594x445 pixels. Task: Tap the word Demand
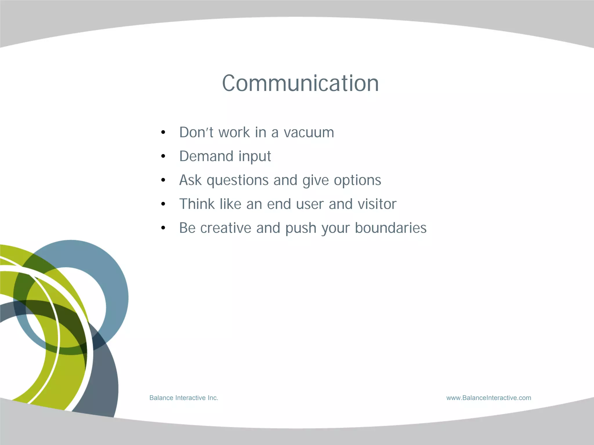[206, 156]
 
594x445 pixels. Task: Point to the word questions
[238, 180]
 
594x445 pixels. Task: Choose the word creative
[226, 228]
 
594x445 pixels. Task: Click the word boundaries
[391, 228]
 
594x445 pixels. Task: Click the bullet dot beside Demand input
[163, 156]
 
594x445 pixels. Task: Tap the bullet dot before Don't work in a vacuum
[163, 133]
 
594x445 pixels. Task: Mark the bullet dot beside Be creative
[163, 228]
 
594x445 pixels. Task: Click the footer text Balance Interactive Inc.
[184, 398]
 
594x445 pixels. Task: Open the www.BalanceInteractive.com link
[489, 398]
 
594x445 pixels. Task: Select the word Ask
[190, 180]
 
